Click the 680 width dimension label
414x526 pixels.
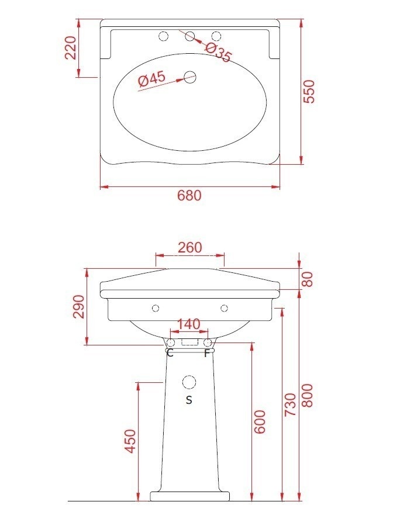click(189, 195)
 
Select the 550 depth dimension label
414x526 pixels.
click(309, 91)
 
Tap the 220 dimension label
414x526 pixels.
click(71, 48)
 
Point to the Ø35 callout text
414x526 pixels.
click(218, 52)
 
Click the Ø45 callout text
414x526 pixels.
click(152, 79)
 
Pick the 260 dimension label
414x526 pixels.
click(190, 248)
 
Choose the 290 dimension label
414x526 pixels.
click(79, 306)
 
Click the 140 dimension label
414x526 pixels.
click(188, 324)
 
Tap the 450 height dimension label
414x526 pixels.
click(131, 441)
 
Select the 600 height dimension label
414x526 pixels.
click(260, 421)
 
